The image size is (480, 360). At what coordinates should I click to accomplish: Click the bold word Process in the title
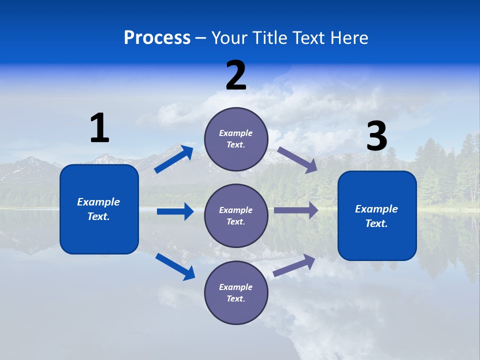pyautogui.click(x=157, y=37)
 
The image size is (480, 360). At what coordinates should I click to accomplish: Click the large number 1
pyautogui.click(x=99, y=128)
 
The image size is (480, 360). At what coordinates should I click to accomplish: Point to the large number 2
pyautogui.click(x=236, y=75)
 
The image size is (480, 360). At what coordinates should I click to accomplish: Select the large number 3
pyautogui.click(x=376, y=136)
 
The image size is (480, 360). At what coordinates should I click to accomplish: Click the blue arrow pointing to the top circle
pyautogui.click(x=174, y=159)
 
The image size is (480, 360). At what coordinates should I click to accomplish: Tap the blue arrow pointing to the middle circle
pyautogui.click(x=175, y=211)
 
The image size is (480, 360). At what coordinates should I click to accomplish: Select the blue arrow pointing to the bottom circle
pyautogui.click(x=175, y=266)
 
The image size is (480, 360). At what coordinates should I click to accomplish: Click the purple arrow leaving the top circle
pyautogui.click(x=297, y=160)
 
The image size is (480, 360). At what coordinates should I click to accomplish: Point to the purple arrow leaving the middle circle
pyautogui.click(x=296, y=210)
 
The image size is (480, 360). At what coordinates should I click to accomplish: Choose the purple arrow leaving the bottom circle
pyautogui.click(x=294, y=265)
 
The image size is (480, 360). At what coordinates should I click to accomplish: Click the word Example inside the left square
pyautogui.click(x=98, y=202)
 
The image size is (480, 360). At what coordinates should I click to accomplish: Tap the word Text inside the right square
pyautogui.click(x=376, y=223)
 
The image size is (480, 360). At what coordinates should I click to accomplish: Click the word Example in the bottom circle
pyautogui.click(x=235, y=287)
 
